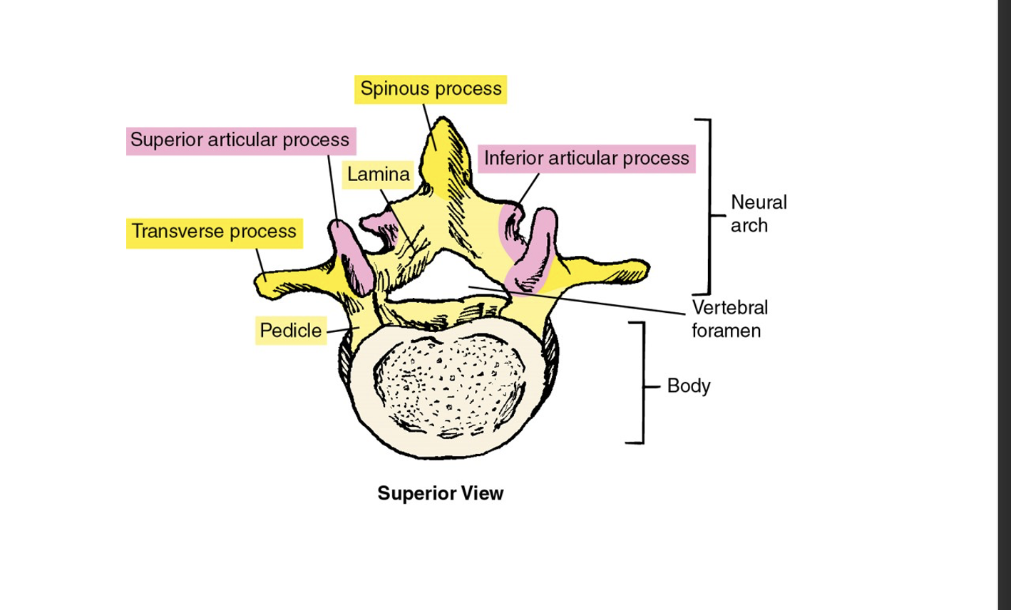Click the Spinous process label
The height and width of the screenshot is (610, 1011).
tap(431, 89)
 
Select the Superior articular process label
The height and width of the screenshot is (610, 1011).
tap(240, 140)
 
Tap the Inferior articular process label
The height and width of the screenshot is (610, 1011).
tap(587, 158)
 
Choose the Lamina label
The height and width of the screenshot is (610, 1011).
tap(379, 175)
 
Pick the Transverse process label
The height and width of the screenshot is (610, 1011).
tap(214, 232)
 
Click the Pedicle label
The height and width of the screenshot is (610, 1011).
tap(290, 331)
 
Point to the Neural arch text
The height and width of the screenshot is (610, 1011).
tap(758, 214)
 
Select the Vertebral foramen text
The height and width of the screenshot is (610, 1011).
tap(729, 319)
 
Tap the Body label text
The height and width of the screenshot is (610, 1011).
tap(688, 386)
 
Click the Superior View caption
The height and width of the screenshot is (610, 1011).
tap(440, 493)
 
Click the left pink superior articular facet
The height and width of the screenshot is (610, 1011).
tap(350, 254)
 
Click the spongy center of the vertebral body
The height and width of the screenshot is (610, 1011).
tap(449, 388)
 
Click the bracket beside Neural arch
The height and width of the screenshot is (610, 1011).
tap(709, 207)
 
